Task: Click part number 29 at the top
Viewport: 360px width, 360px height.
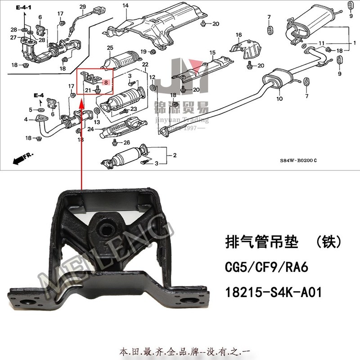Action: (82, 6)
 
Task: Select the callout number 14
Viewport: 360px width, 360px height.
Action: (126, 5)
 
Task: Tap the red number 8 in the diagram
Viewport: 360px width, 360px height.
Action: (106, 82)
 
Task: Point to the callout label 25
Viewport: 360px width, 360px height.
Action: (109, 48)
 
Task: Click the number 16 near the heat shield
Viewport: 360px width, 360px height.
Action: (239, 35)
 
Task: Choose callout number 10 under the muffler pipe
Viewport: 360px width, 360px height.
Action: (279, 98)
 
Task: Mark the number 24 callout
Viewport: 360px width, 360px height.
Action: (90, 129)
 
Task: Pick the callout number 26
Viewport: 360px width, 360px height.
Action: (126, 143)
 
